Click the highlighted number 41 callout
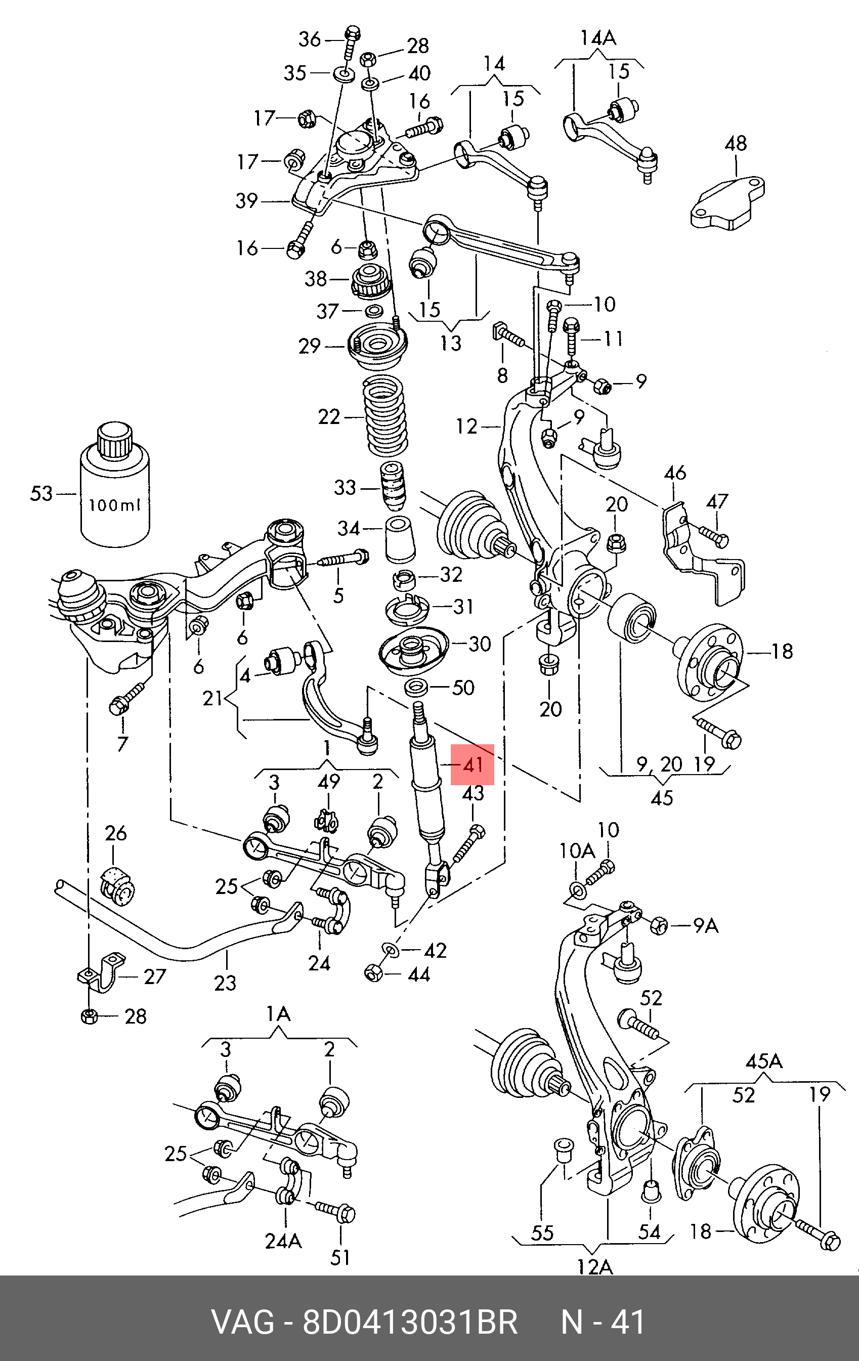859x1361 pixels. [473, 764]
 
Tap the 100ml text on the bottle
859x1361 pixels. [114, 505]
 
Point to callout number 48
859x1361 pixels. [736, 144]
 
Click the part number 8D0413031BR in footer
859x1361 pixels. [410, 1323]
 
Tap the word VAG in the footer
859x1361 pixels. [242, 1323]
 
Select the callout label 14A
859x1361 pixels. [598, 38]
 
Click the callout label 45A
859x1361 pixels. [763, 1061]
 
